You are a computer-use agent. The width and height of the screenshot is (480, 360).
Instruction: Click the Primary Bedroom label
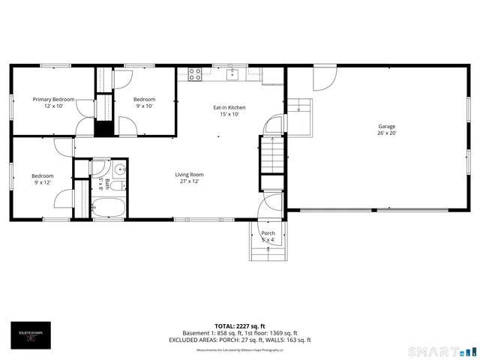click(53, 99)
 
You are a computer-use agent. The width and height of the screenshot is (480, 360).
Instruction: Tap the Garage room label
click(386, 127)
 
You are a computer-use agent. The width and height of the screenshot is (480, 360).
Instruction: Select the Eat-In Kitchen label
click(229, 107)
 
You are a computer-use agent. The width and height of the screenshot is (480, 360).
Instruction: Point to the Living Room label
click(191, 175)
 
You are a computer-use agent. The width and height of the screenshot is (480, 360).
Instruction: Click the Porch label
click(268, 233)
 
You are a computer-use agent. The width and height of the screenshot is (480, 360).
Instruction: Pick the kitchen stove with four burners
click(195, 73)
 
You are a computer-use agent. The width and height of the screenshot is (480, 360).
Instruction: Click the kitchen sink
click(233, 73)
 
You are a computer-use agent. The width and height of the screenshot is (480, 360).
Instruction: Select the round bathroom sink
click(118, 168)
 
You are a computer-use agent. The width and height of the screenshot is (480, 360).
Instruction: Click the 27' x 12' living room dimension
click(191, 182)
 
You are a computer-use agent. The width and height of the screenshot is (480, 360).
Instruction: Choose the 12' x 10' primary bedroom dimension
click(53, 106)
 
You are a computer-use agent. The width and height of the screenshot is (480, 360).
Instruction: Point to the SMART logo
click(439, 351)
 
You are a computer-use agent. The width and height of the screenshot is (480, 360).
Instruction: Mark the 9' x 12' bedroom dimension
click(43, 183)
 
